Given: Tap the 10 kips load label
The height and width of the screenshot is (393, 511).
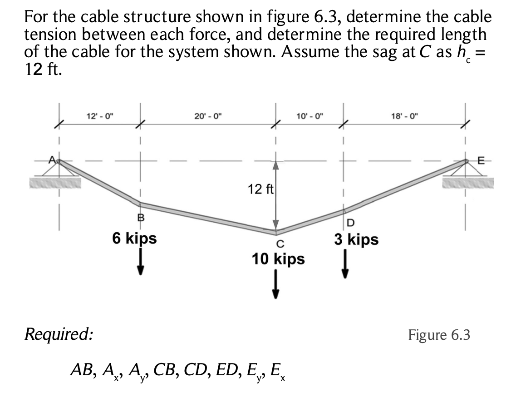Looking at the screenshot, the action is (278, 259).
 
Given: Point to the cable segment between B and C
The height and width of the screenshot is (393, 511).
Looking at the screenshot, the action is (209, 219).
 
